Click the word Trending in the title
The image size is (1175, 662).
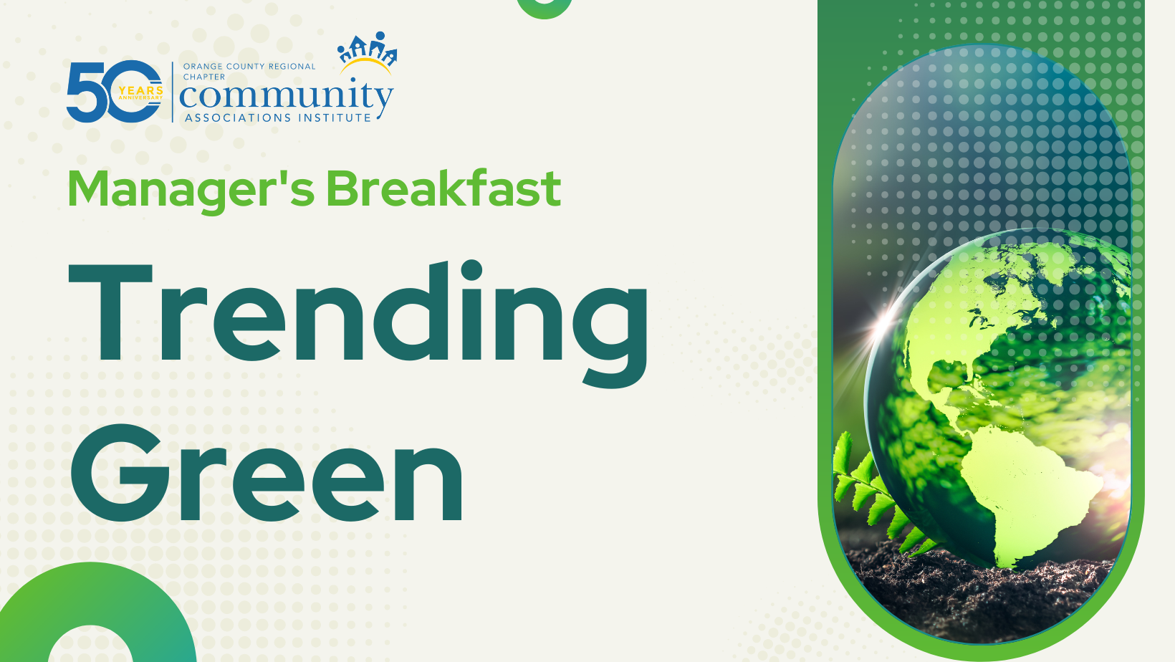(x=358, y=324)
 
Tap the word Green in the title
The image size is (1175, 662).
(x=267, y=474)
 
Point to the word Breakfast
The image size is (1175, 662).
(x=443, y=188)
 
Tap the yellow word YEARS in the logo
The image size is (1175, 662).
(x=140, y=90)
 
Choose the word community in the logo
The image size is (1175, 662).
(x=287, y=97)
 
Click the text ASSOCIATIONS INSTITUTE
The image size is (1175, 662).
(x=278, y=117)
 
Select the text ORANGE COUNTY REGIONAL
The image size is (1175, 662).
(x=249, y=67)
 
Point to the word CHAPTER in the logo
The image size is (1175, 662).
(x=204, y=77)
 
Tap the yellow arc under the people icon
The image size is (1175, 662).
(x=366, y=65)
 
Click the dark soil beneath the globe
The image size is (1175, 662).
(x=976, y=598)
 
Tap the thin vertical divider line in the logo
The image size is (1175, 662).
(x=173, y=92)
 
